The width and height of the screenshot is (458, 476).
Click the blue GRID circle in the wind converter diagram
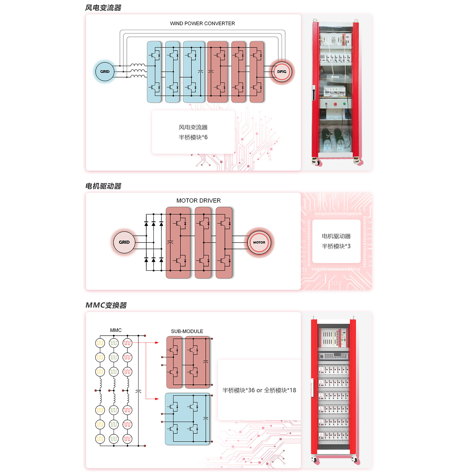pos(105,71)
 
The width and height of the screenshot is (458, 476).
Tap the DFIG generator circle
pos(282,71)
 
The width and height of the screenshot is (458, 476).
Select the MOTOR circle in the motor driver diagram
pos(259,242)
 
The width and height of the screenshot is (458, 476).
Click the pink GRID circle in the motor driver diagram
pos(124,242)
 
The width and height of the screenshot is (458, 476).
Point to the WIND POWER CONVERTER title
pos(202,23)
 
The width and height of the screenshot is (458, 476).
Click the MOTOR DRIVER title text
pos(198,200)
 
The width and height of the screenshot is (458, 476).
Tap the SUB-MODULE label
pos(187,331)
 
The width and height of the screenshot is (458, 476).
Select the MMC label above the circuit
pos(116,330)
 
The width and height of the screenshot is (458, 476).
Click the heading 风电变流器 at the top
pos(103,8)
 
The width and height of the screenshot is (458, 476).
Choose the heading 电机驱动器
pos(103,186)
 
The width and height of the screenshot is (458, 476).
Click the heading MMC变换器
pos(106,305)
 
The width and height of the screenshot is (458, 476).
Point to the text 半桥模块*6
pos(193,137)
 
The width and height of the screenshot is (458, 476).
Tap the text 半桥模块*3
pos(336,246)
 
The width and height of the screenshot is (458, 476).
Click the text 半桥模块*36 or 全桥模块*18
pos(259,390)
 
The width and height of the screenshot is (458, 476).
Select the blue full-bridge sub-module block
pos(187,419)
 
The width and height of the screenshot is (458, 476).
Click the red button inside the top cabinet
pos(335,104)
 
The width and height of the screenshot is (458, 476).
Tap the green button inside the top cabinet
pos(344,104)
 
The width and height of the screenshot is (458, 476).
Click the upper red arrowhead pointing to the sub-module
pos(157,342)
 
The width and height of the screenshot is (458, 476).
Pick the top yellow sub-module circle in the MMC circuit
pos(100,343)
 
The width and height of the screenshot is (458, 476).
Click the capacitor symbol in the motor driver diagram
pos(170,242)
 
